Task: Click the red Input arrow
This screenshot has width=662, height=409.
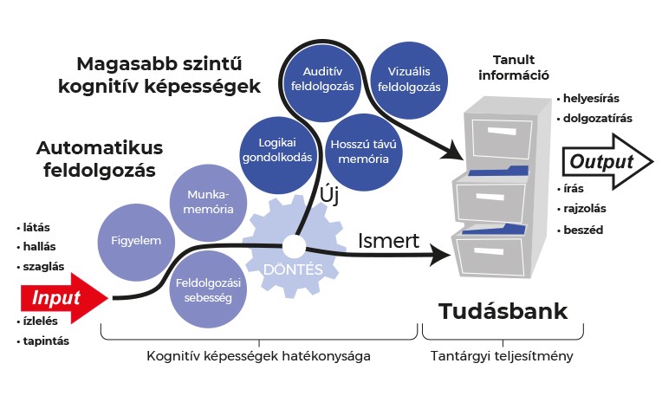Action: (x=63, y=298)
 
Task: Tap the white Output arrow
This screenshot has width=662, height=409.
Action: (x=607, y=162)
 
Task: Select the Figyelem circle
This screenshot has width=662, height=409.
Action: (x=136, y=243)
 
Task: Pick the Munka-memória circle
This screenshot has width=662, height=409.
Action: (x=208, y=203)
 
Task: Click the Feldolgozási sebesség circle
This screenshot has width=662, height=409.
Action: (x=208, y=289)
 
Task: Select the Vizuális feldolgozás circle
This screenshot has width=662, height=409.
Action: (x=409, y=81)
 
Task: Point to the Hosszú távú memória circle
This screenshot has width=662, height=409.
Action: (x=364, y=153)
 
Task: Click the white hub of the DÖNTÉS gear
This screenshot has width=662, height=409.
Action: (x=294, y=246)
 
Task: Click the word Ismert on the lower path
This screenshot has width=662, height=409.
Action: (x=388, y=241)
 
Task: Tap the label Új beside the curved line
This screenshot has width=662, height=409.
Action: (x=329, y=195)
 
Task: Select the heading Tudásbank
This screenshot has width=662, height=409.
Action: (x=503, y=311)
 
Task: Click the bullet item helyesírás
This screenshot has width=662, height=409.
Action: (x=588, y=99)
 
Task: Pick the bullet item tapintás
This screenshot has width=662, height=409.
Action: (x=43, y=341)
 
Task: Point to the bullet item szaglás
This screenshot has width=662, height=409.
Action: (x=41, y=267)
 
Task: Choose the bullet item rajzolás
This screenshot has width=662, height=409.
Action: (x=581, y=209)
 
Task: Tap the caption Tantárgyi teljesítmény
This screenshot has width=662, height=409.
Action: (x=502, y=356)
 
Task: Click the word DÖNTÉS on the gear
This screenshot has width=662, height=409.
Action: (x=293, y=269)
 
